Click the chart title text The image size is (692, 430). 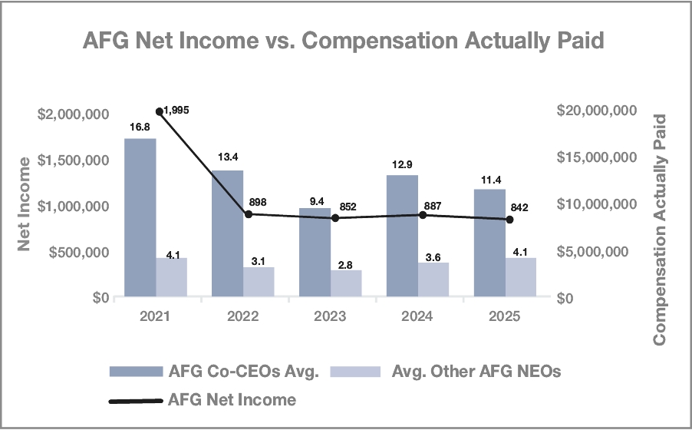(344, 41)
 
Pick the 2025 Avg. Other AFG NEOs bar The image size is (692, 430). (520, 277)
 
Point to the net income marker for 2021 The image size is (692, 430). (159, 112)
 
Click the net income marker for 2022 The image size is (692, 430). (246, 214)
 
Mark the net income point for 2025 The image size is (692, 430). (509, 220)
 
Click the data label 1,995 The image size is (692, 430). (176, 111)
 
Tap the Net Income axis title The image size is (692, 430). (25, 203)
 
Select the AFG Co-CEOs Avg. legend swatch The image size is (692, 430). (135, 372)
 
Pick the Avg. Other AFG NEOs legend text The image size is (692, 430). (476, 372)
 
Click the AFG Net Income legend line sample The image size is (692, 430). (135, 400)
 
